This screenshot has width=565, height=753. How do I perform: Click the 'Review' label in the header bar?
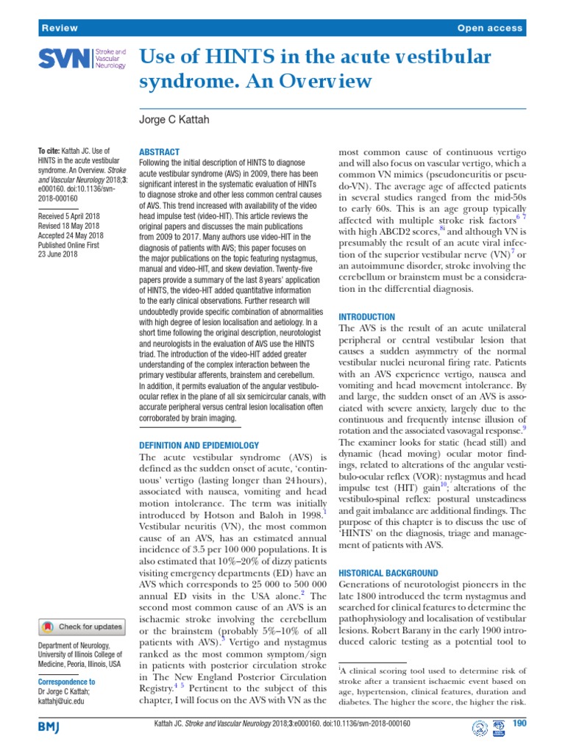point(60,28)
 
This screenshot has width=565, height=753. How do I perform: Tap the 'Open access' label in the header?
point(489,28)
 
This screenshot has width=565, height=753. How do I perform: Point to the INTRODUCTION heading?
point(372,315)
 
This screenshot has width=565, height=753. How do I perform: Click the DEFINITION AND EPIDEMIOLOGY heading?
point(199,445)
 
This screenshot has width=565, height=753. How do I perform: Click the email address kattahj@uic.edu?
point(61,702)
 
